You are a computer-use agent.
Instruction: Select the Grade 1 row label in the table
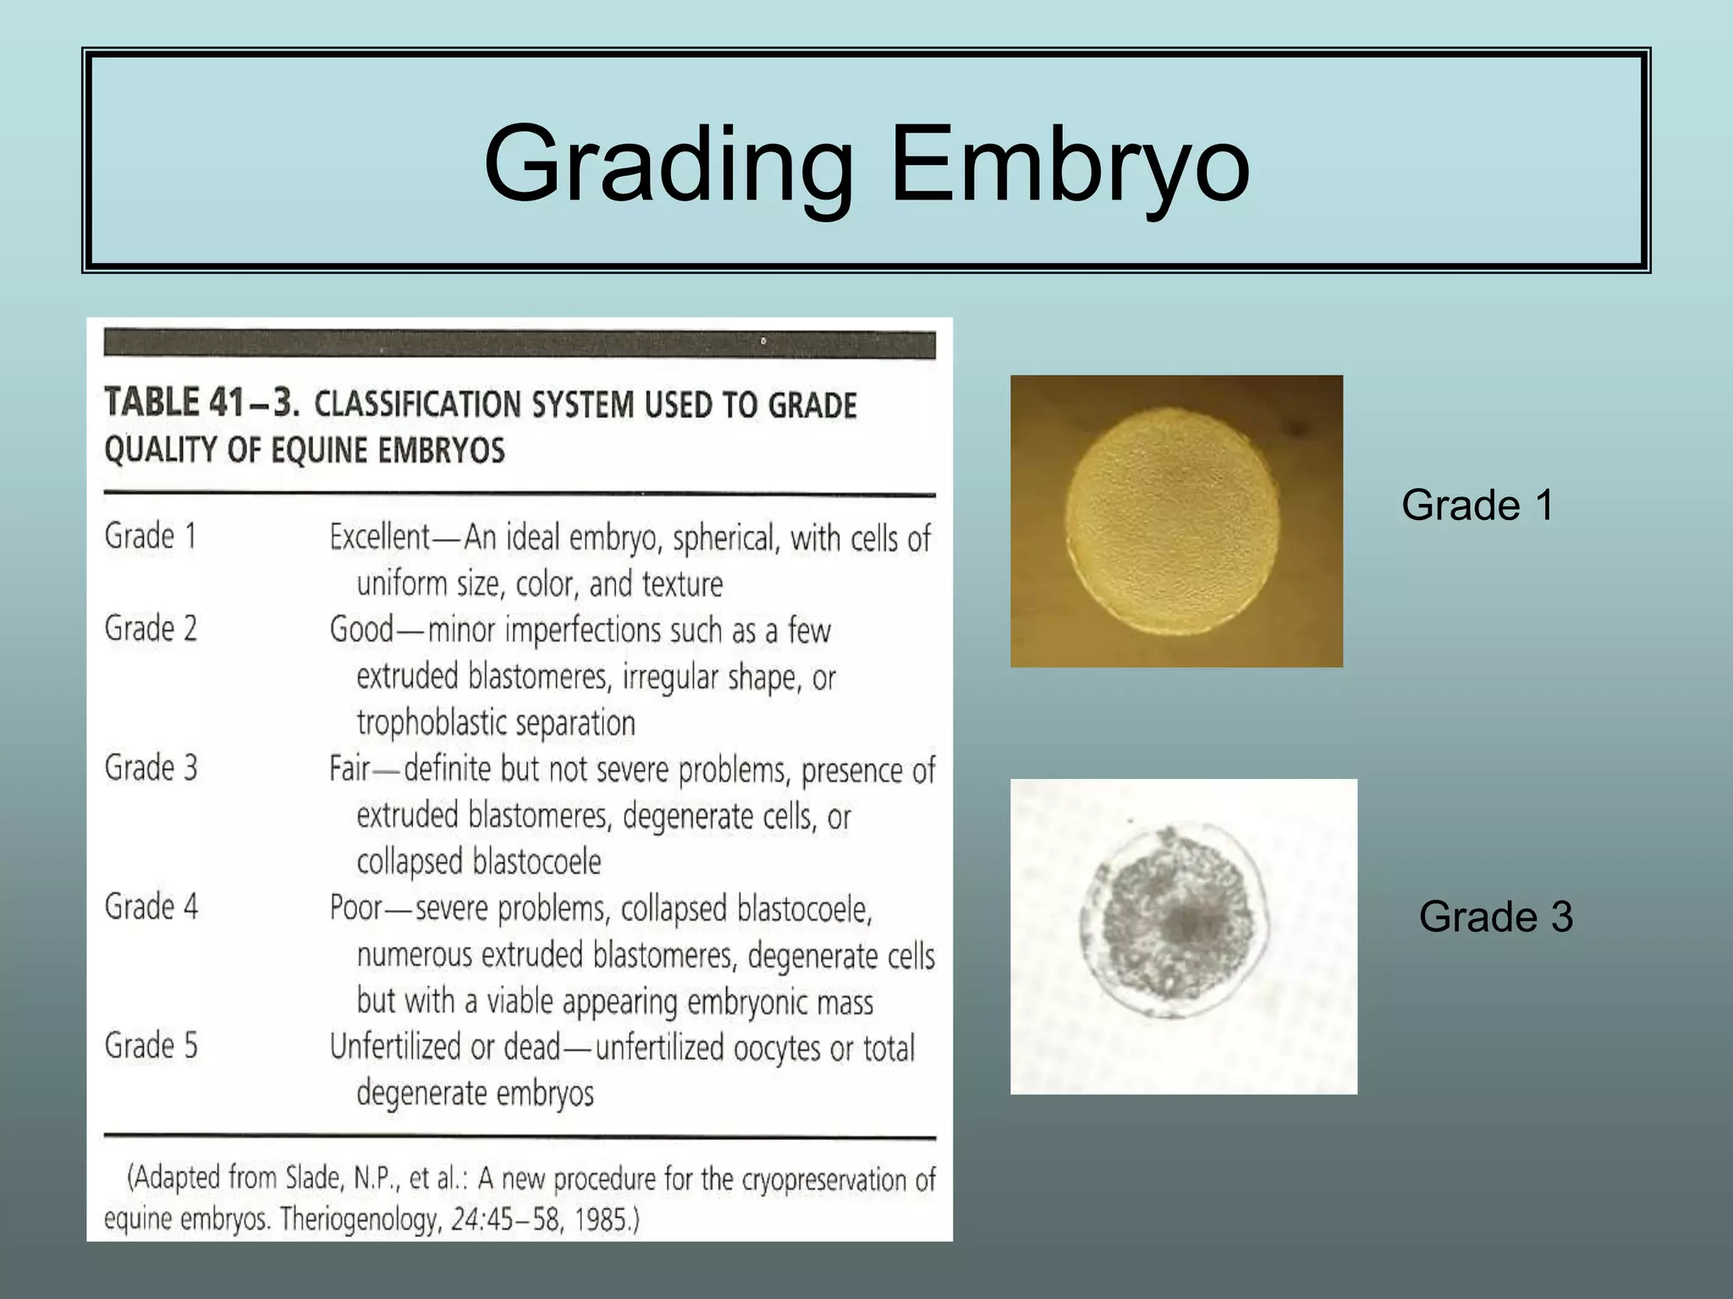tap(151, 536)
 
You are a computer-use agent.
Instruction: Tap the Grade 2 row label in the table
tap(151, 628)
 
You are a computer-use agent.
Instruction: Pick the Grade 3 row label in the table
tap(151, 768)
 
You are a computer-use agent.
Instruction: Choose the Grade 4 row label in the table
tap(151, 907)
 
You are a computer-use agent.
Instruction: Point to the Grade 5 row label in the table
tap(151, 1046)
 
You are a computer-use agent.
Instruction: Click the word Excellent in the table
tap(380, 537)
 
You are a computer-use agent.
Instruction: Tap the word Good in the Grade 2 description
tap(361, 630)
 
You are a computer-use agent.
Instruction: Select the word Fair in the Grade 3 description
tap(349, 769)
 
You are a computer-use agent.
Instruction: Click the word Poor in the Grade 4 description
tap(356, 908)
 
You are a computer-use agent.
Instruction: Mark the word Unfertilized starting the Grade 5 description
tap(396, 1047)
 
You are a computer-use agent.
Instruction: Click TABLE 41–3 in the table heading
tap(201, 403)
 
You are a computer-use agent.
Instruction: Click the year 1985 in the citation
tap(604, 1220)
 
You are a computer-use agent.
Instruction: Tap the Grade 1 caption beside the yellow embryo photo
tap(1477, 506)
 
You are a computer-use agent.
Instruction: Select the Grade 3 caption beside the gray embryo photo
tap(1495, 917)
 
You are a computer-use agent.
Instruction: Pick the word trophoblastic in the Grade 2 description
tap(435, 724)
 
